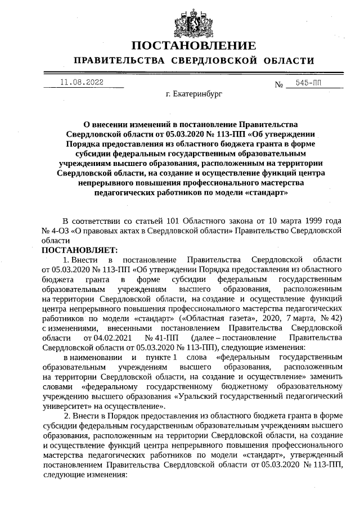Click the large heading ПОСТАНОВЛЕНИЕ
[193, 46]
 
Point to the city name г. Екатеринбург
[194, 95]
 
